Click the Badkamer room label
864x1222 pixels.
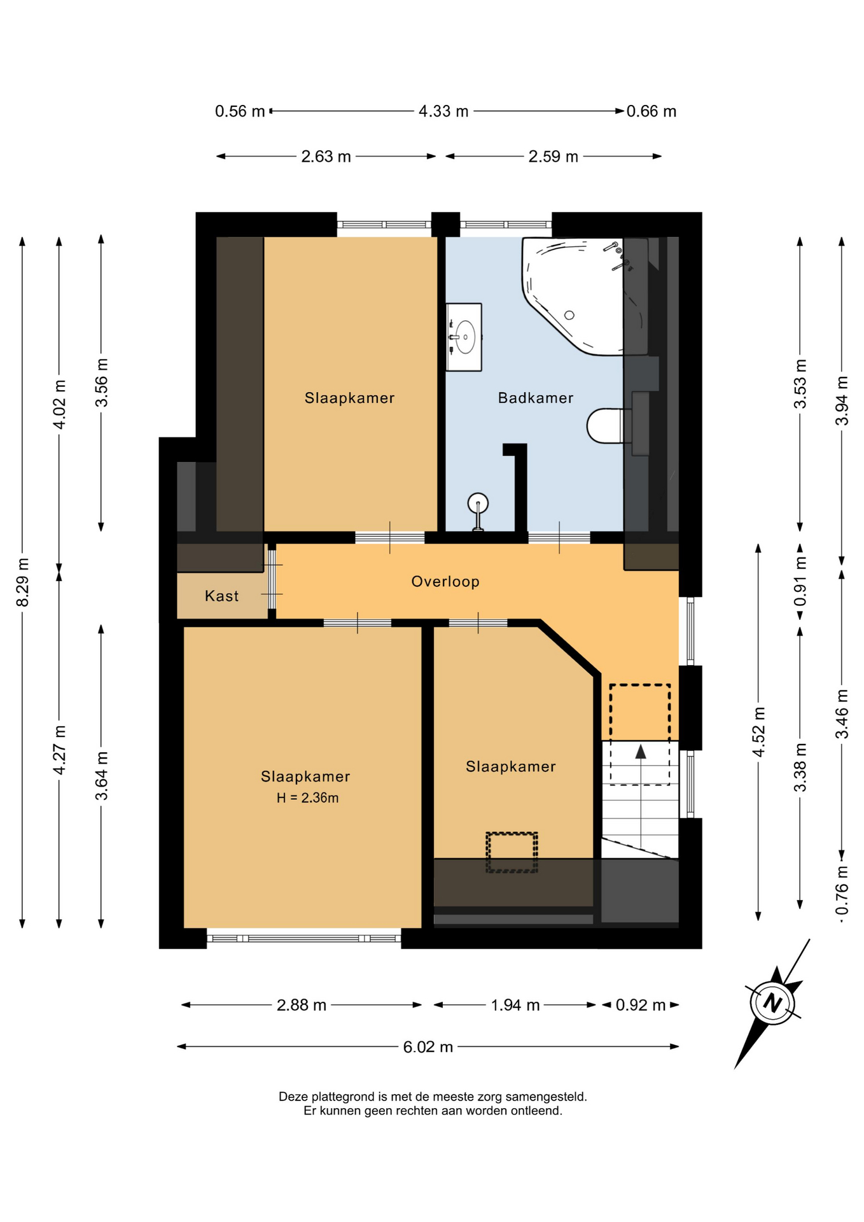pos(536,398)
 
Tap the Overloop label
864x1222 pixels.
pos(445,581)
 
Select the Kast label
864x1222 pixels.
pos(221,596)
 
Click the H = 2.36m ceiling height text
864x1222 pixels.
pos(307,797)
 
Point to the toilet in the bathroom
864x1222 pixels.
pos(608,425)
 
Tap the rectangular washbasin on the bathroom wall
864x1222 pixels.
pos(464,337)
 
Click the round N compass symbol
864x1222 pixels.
pos(772,1003)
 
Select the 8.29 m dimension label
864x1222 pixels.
pos(22,582)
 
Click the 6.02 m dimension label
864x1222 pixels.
pos(428,1047)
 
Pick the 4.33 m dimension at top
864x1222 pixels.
pos(443,111)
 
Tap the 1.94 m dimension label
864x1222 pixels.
pos(515,1005)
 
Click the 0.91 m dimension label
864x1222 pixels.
pos(800,581)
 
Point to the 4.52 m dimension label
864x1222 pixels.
pos(758,732)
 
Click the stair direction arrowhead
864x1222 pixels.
pos(641,752)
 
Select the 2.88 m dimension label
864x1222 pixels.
pos(302,1005)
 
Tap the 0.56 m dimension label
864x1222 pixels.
pos(240,111)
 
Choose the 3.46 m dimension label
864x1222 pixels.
pos(842,714)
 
